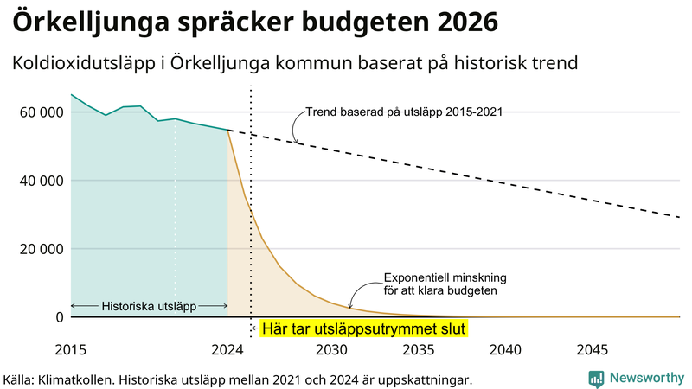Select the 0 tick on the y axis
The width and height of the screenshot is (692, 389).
point(59,317)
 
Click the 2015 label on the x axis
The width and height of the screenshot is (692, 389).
point(71,349)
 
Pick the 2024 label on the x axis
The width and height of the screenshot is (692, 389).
point(227,349)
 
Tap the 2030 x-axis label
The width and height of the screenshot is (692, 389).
point(331,349)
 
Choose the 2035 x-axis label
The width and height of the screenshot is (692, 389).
point(419,349)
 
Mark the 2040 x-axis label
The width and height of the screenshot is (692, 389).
point(505,349)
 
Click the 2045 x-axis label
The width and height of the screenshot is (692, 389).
point(593,349)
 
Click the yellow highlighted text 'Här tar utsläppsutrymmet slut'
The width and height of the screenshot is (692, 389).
point(363,329)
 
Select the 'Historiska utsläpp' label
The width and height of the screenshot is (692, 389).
point(148,306)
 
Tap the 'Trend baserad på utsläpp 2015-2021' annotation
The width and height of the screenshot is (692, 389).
point(405,112)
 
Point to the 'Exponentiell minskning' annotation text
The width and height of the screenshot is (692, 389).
point(445,278)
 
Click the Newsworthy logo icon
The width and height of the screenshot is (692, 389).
point(596,378)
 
